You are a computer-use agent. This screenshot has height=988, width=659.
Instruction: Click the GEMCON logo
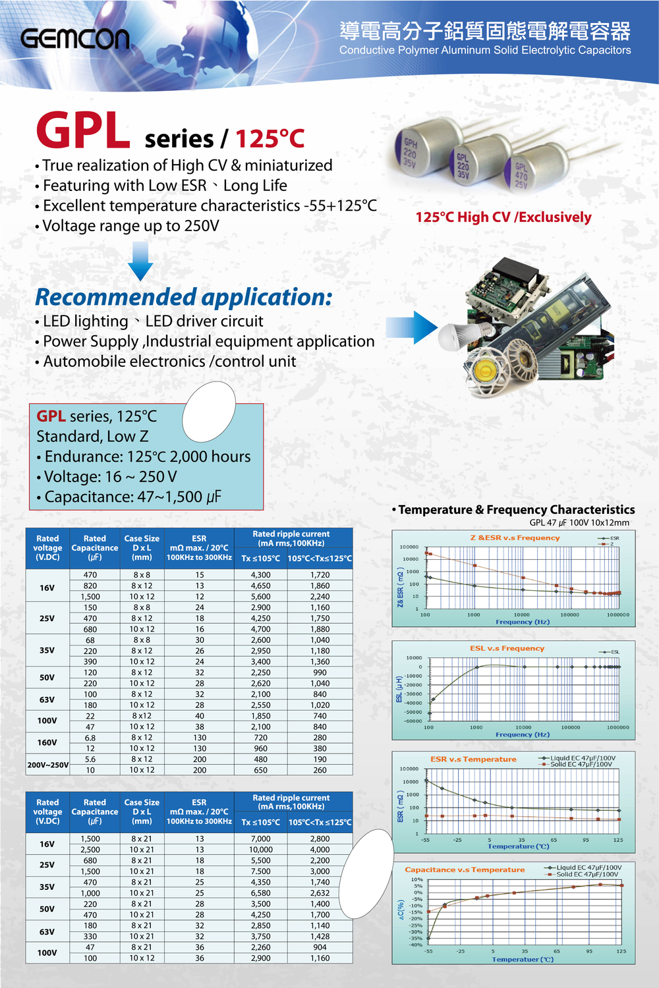(74, 39)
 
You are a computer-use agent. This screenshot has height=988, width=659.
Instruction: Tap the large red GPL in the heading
(83, 131)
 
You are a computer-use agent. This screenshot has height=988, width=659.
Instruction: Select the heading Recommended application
(183, 297)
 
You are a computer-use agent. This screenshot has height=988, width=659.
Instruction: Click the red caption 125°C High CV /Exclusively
(503, 217)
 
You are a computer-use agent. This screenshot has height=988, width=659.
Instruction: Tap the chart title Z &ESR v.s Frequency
(515, 538)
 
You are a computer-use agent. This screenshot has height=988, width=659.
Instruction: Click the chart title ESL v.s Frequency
(507, 649)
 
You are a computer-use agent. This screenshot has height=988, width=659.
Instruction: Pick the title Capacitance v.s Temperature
(465, 870)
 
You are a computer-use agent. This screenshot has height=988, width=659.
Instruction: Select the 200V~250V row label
(47, 765)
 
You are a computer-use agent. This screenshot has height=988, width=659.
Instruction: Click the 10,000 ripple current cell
(260, 850)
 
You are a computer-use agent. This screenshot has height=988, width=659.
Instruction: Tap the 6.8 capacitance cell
(90, 738)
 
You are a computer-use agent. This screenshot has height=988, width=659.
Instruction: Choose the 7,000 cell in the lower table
(260, 839)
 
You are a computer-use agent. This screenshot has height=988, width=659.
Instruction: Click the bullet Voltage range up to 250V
(130, 226)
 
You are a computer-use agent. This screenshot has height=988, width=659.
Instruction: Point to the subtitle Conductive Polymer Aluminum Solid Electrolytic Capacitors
(485, 51)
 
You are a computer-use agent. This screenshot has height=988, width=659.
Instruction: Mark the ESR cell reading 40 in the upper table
(199, 716)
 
